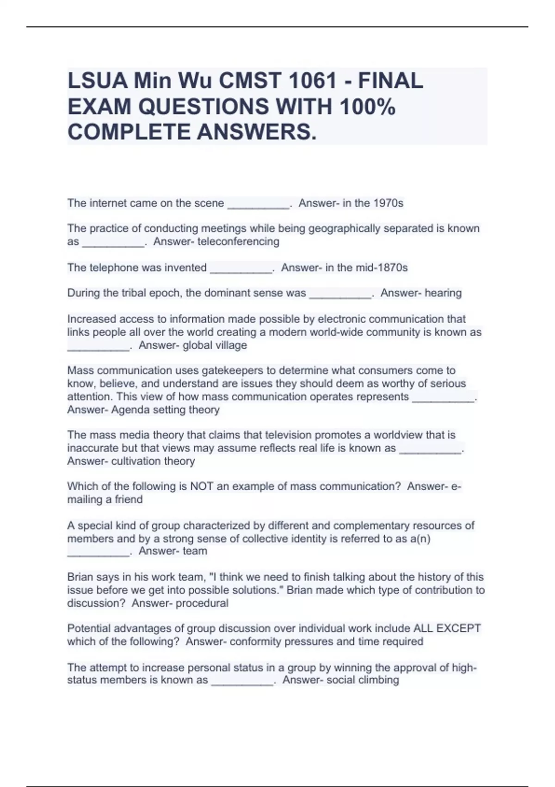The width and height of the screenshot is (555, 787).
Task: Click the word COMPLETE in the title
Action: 129,132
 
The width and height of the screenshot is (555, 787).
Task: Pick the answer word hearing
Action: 443,293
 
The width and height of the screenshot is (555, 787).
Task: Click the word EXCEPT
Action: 459,628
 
